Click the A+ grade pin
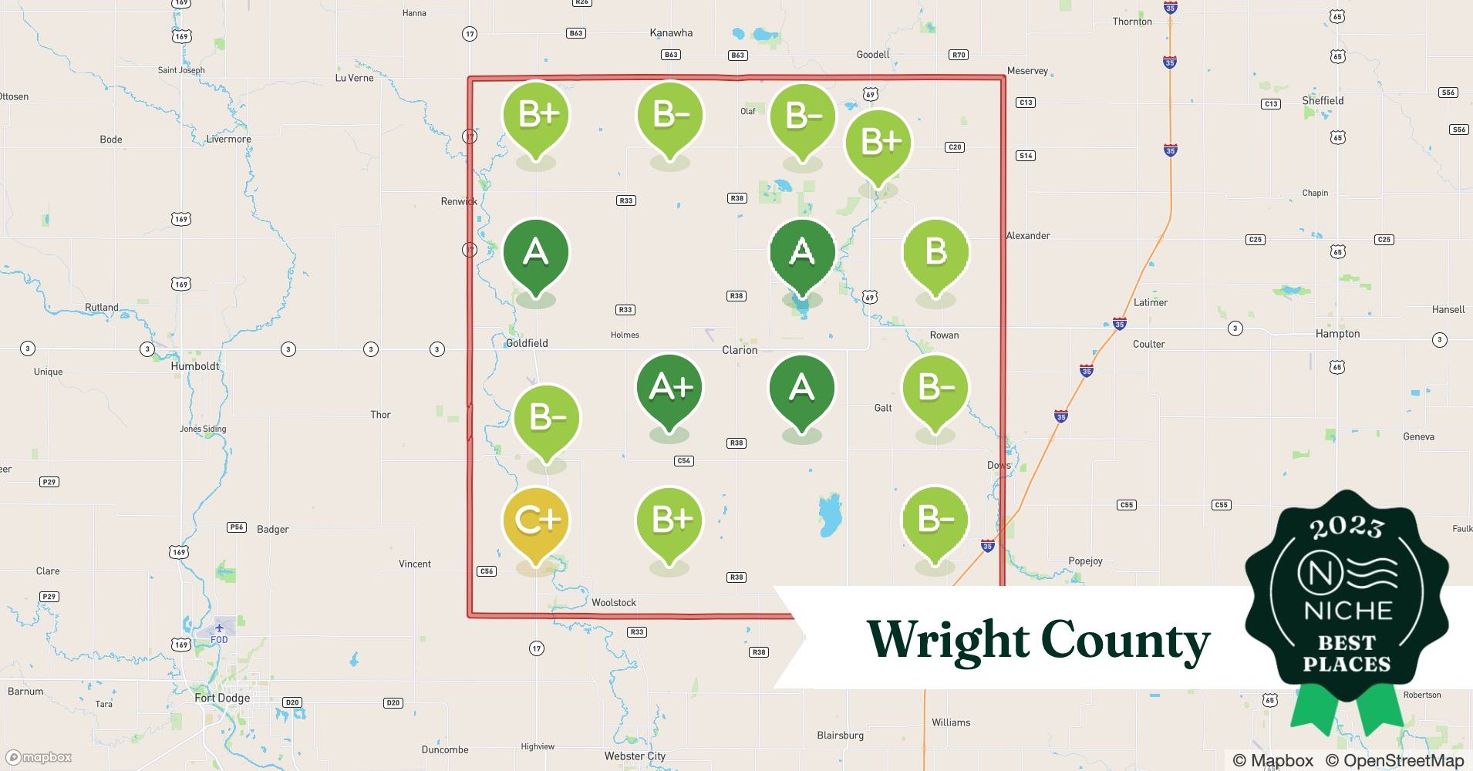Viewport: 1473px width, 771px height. pyautogui.click(x=670, y=388)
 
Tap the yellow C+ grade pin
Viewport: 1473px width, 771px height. pyautogui.click(x=536, y=521)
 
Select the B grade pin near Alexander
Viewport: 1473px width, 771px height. pyautogui.click(x=935, y=252)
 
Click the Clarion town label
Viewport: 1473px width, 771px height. pyautogui.click(x=740, y=350)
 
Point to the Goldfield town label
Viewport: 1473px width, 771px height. pyautogui.click(x=527, y=343)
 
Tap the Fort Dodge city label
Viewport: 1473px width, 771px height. pyautogui.click(x=222, y=698)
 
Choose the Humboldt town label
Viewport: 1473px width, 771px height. pyautogui.click(x=195, y=366)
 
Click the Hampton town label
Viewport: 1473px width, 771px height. pyautogui.click(x=1337, y=334)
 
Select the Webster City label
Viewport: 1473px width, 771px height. pyautogui.click(x=635, y=756)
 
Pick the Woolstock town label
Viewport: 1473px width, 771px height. pyautogui.click(x=614, y=602)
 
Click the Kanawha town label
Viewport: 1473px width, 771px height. pyautogui.click(x=671, y=33)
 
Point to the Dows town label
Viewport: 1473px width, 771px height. pyautogui.click(x=999, y=465)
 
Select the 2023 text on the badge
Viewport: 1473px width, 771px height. pyautogui.click(x=1347, y=527)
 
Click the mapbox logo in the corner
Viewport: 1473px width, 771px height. pyautogui.click(x=39, y=757)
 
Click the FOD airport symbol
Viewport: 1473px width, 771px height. pyautogui.click(x=220, y=628)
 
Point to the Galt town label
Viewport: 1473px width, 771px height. pyautogui.click(x=883, y=408)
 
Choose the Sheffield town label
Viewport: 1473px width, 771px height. pyautogui.click(x=1323, y=101)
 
